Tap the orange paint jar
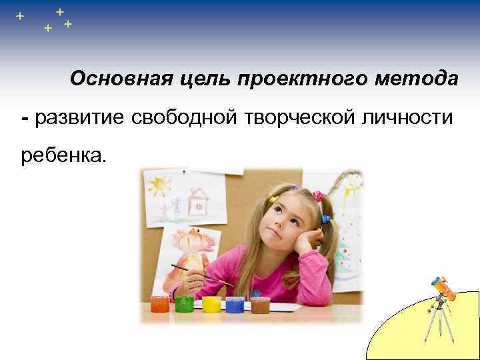click(160, 305)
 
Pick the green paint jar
click(185, 305)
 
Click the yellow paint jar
click(211, 305)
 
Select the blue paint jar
click(235, 305)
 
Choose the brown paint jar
click(260, 305)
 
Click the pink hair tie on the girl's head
click(317, 197)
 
